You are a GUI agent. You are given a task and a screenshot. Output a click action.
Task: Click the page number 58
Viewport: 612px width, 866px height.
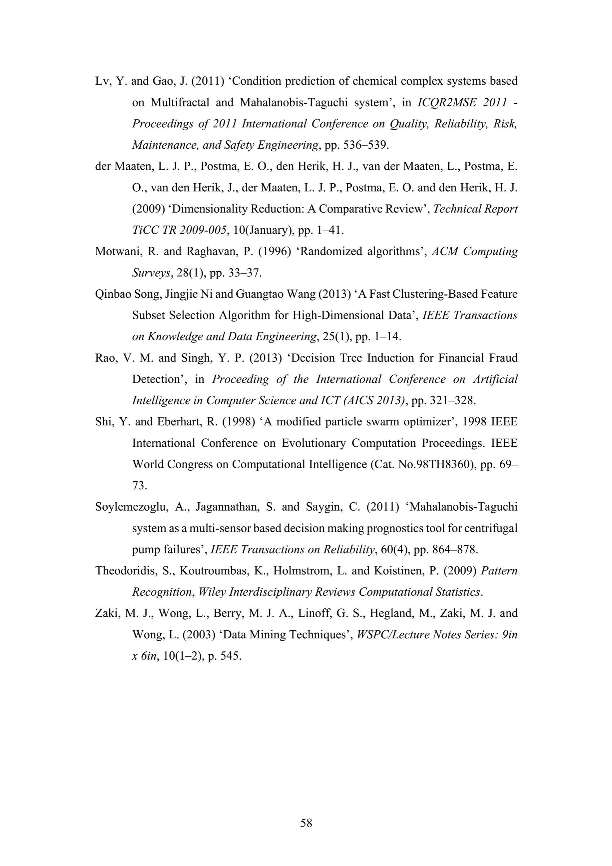click(x=306, y=823)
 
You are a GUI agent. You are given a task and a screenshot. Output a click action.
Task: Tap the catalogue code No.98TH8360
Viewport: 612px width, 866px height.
click(x=442, y=464)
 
